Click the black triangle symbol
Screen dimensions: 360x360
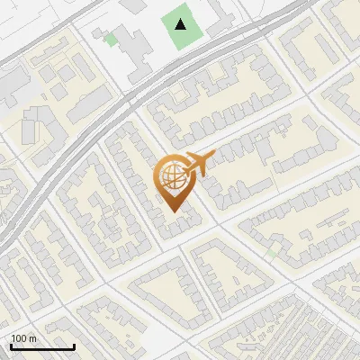[x=183, y=24]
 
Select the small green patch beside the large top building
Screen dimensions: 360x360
[x=111, y=39]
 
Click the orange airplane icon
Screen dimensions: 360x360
[x=197, y=165]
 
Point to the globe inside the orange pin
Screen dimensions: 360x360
[x=171, y=176]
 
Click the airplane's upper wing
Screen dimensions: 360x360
[x=193, y=156]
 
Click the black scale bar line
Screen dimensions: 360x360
[x=42, y=347]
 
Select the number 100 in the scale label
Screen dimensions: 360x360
[x=19, y=338]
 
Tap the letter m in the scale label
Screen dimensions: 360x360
[x=32, y=338]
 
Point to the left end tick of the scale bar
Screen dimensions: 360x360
[x=11, y=346]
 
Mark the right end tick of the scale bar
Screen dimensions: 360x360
[x=74, y=346]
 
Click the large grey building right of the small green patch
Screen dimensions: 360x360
[x=135, y=45]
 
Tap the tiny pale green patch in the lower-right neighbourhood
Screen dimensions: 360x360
[x=271, y=253]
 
